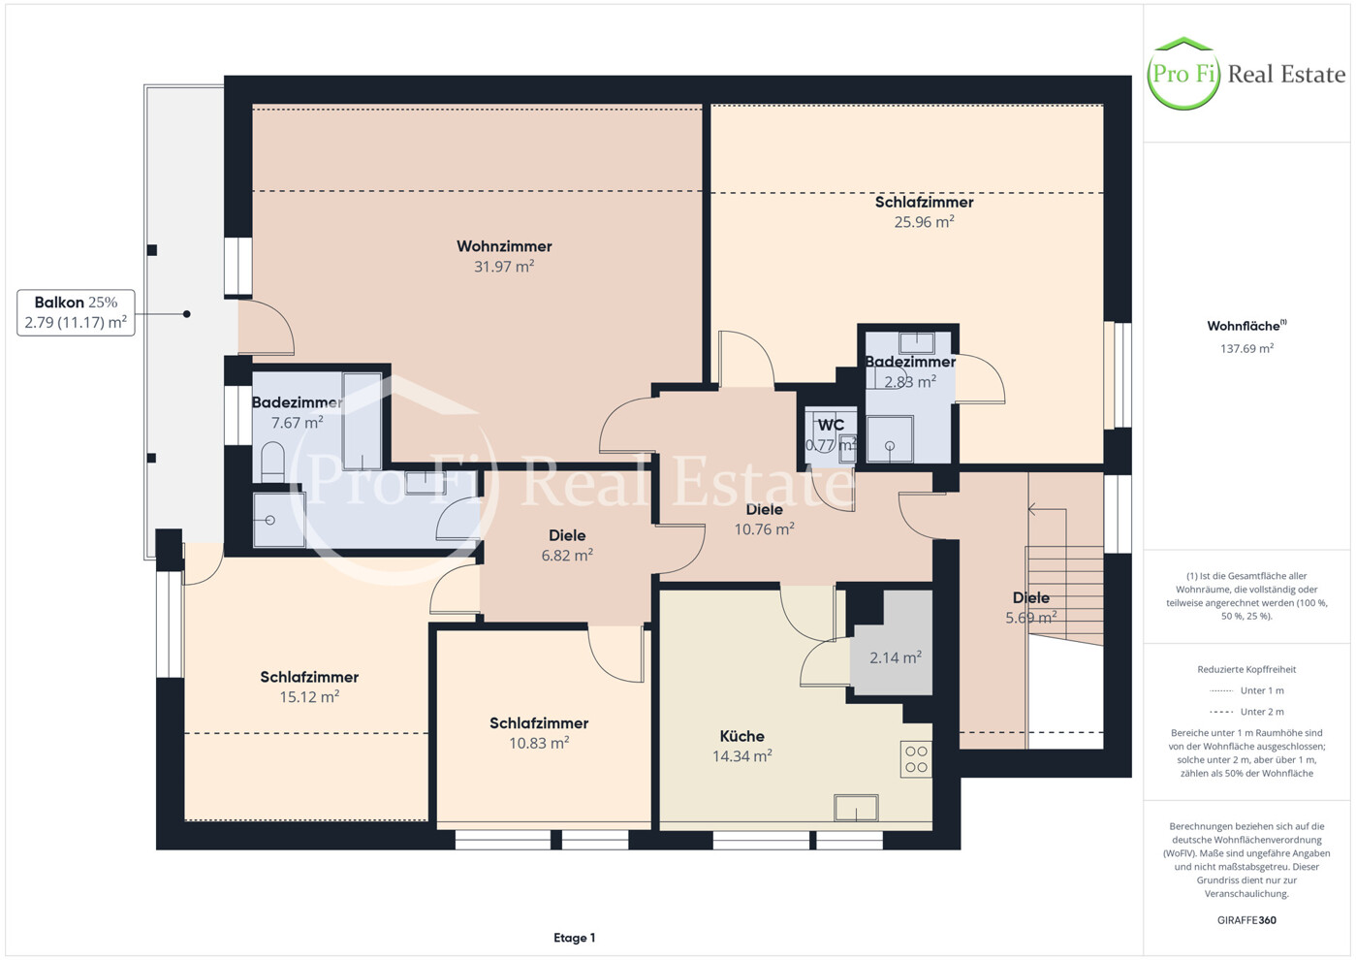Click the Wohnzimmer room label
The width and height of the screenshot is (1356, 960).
tap(504, 246)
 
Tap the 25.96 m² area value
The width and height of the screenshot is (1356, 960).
tap(924, 222)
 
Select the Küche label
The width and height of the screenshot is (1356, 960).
tap(741, 736)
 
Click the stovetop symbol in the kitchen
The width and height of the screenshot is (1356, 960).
tap(916, 759)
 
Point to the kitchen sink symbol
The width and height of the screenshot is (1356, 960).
tap(856, 808)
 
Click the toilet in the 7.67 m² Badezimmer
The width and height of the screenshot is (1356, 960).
tap(273, 462)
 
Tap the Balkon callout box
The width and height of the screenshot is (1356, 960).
tap(76, 312)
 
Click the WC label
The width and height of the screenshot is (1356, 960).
tap(831, 425)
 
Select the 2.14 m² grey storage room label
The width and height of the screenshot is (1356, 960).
tap(896, 657)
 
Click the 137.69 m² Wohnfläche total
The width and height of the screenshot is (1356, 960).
tap(1246, 348)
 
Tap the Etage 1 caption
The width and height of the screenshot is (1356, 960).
tap(575, 938)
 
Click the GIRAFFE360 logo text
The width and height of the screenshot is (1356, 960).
tap(1246, 920)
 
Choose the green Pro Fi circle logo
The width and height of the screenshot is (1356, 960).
tap(1183, 74)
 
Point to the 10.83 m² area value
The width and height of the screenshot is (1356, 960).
tap(539, 743)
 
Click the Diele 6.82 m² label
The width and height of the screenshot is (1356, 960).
tap(567, 545)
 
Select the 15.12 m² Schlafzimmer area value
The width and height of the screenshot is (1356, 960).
tap(309, 697)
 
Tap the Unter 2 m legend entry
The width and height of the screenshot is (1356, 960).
tap(1246, 712)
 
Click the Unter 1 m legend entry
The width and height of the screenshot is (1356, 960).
tap(1246, 690)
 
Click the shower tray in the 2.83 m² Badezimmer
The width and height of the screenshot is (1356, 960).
tap(889, 438)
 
